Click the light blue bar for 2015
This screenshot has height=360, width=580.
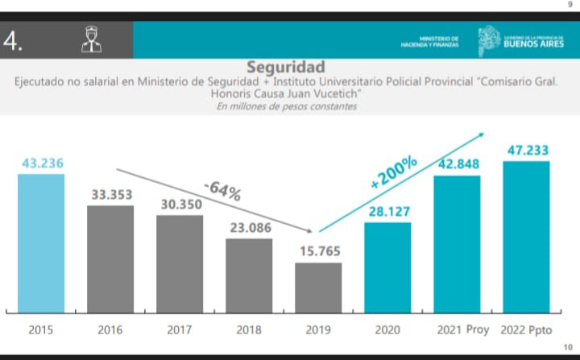click(x=41, y=242)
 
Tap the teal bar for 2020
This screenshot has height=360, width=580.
click(x=387, y=267)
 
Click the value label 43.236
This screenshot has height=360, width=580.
click(x=41, y=163)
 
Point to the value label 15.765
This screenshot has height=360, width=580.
click(x=318, y=251)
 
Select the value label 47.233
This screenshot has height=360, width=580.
click(x=526, y=150)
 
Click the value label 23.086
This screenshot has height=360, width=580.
click(x=249, y=227)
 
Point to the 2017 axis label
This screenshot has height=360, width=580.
click(x=180, y=329)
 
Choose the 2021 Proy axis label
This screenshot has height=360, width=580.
click(x=457, y=329)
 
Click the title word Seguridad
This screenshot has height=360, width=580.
click(x=286, y=66)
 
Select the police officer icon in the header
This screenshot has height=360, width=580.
click(x=92, y=39)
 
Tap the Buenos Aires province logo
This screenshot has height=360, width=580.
click(x=516, y=39)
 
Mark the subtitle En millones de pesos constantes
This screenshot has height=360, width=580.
click(x=286, y=107)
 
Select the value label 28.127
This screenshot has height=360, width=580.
click(x=387, y=211)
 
